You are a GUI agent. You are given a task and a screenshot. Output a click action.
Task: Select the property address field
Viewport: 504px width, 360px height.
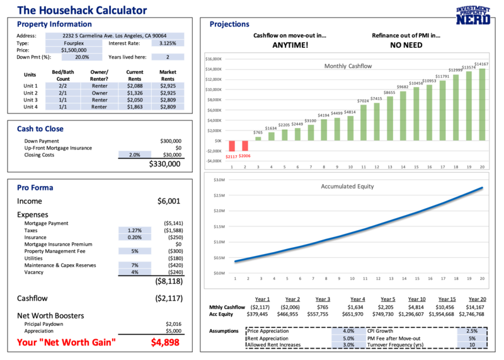[115, 36]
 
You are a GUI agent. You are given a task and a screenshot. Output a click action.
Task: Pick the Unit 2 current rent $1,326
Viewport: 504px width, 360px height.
[135, 93]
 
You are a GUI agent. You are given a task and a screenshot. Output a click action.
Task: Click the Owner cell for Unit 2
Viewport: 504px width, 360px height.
[100, 93]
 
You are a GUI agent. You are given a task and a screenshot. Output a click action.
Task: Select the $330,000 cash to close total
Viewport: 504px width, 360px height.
[164, 164]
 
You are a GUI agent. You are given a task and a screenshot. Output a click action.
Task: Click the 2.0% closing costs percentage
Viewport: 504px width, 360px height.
[134, 154]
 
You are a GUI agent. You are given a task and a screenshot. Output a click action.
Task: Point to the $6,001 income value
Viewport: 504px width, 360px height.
[169, 201]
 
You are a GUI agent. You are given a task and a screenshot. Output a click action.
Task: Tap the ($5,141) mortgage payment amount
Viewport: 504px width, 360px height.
[172, 224]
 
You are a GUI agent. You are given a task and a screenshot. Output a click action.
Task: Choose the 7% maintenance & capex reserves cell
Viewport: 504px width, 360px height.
[134, 265]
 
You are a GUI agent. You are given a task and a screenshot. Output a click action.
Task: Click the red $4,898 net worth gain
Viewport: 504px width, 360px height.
[166, 342]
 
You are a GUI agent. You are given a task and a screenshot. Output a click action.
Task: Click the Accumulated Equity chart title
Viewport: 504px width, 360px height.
[347, 186]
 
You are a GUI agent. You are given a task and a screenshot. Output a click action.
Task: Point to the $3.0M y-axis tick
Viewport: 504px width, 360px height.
[220, 180]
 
